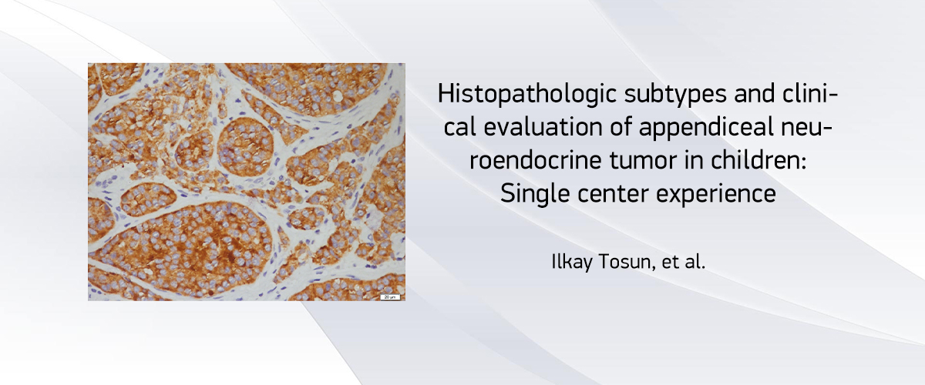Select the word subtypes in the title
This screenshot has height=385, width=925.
tap(675, 95)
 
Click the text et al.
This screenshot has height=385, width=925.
tap(684, 262)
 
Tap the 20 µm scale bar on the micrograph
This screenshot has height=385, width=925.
tap(390, 296)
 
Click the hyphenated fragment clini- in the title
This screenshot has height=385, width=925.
tap(810, 94)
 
